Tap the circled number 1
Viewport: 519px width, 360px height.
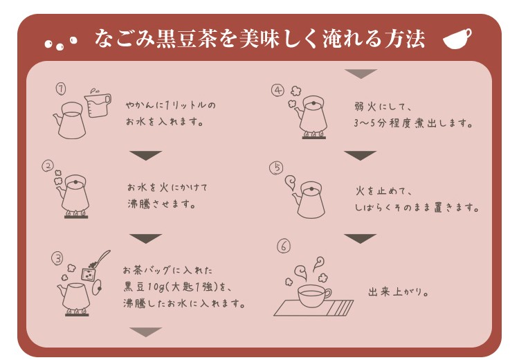point(61,89)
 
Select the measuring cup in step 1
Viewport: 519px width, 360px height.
point(98,105)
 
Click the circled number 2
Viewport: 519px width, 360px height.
point(48,165)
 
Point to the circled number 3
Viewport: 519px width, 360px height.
point(57,258)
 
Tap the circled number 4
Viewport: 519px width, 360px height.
point(277,91)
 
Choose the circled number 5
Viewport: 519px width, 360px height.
point(276,168)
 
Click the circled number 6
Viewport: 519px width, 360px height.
point(283,246)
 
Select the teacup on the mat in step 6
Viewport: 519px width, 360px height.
point(313,296)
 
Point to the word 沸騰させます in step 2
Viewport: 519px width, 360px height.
point(161,204)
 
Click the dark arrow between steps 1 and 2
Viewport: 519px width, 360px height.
point(145,155)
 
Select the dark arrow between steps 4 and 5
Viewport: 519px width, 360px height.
point(360,155)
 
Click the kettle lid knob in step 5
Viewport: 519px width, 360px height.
point(311,189)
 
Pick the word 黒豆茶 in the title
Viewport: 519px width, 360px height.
point(186,39)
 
